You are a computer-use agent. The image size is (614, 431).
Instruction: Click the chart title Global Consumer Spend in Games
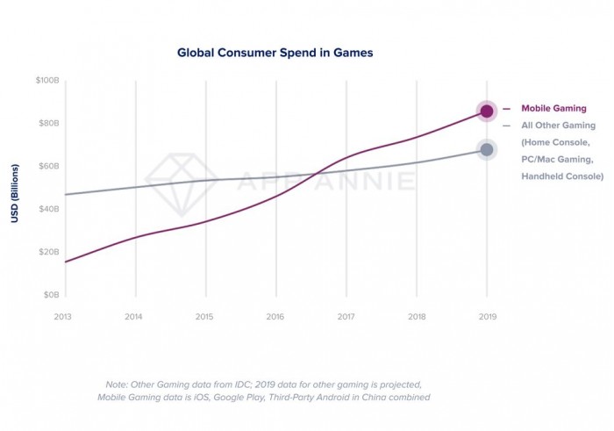point(275,53)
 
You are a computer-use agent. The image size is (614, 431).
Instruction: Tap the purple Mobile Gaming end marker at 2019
point(487,111)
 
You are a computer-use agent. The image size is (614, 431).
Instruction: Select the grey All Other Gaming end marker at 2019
point(487,149)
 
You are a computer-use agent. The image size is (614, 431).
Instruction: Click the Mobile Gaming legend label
point(554,109)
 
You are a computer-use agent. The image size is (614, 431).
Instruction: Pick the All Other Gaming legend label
point(558,126)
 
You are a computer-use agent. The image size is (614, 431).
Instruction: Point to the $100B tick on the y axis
point(46,81)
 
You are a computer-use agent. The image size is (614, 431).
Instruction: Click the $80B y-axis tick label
point(47,124)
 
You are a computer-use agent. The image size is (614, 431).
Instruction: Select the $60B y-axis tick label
point(47,167)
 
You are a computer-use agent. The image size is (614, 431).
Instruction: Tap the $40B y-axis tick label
point(47,210)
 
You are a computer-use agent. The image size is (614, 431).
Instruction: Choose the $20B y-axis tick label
point(47,253)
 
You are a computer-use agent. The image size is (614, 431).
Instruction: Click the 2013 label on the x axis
point(63,316)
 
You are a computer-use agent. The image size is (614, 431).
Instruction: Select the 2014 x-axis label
point(134,316)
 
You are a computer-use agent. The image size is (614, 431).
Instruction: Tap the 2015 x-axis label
point(204,316)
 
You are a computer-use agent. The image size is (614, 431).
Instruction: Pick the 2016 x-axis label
point(275,316)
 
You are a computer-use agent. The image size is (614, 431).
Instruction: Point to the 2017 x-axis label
point(346,316)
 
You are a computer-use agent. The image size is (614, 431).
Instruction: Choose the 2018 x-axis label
point(417,316)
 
